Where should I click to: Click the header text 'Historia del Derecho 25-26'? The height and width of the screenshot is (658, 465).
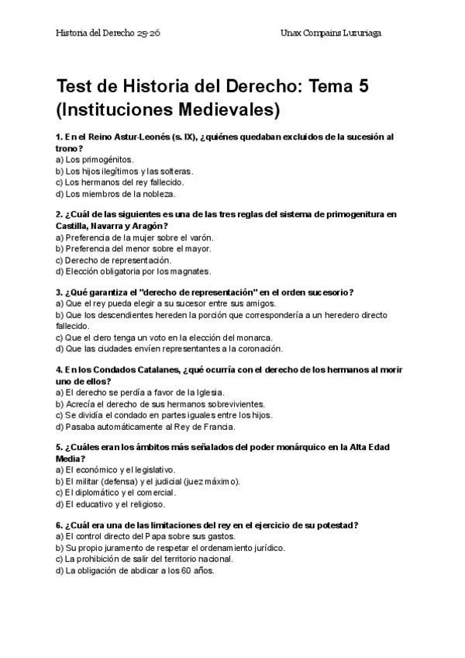point(108,33)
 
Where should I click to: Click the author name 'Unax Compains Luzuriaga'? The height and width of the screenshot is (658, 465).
point(331,33)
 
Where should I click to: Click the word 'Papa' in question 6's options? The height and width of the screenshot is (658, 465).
point(160,536)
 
